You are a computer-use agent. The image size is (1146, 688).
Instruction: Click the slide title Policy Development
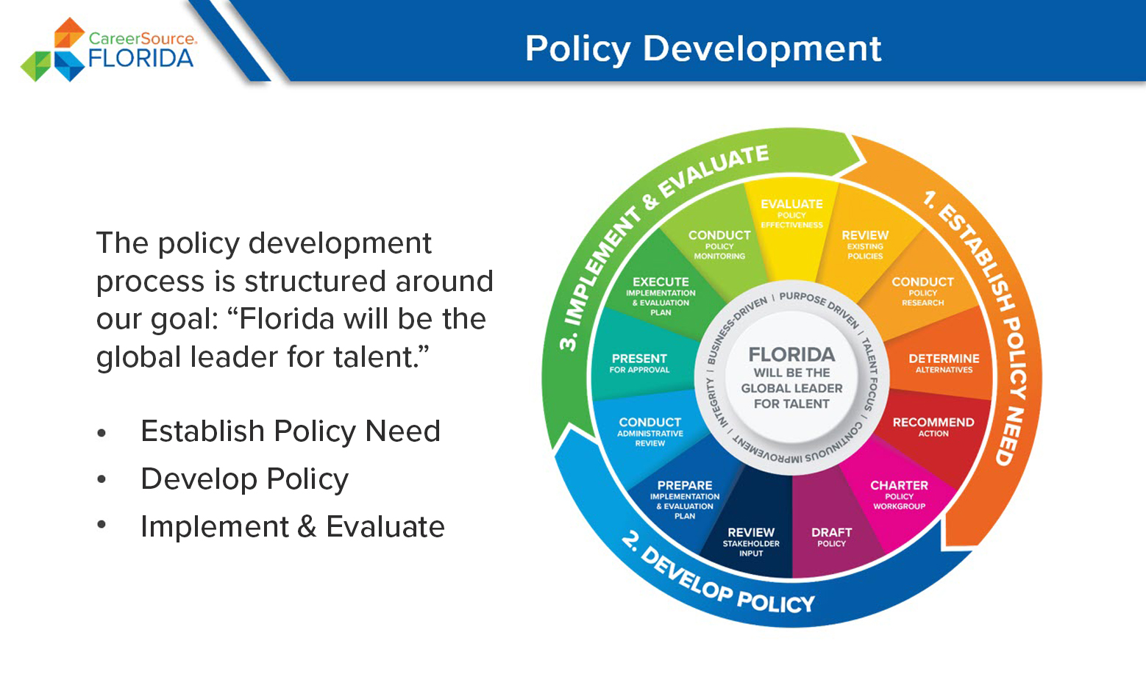tap(703, 49)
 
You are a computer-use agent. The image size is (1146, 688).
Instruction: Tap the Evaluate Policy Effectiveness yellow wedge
tap(791, 225)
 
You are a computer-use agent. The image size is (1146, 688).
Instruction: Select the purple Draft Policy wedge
tap(831, 537)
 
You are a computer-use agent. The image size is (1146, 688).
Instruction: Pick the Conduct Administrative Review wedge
tap(649, 432)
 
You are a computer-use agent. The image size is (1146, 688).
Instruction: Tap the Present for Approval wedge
tap(639, 363)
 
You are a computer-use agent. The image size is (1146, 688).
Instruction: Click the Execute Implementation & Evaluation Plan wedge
tap(661, 295)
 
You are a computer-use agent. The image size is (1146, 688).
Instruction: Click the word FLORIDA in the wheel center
tap(791, 354)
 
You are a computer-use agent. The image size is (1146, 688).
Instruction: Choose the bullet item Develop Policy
tap(244, 479)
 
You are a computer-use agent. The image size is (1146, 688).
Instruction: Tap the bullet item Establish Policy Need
tap(290, 431)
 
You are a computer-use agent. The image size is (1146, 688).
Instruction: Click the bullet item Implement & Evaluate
tap(293, 526)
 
